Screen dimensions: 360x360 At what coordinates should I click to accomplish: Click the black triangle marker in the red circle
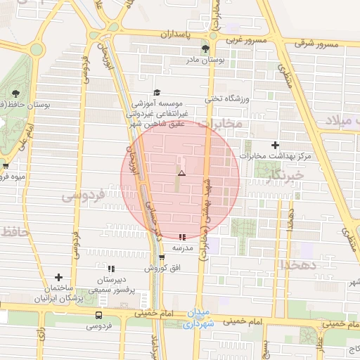tap(181, 172)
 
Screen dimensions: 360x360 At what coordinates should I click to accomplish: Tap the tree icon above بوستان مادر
tap(205, 49)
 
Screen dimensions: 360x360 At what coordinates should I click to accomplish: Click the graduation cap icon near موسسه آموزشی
tap(157, 92)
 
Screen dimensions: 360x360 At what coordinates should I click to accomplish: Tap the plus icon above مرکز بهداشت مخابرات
tap(275, 144)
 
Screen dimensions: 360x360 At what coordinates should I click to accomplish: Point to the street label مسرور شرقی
tap(316, 44)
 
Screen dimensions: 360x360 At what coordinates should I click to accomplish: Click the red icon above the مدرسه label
tap(183, 238)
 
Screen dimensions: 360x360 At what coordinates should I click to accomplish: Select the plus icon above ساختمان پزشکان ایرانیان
tap(58, 277)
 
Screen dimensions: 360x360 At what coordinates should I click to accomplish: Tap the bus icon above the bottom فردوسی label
tap(98, 315)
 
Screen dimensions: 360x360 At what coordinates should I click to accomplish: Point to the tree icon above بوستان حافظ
tap(15, 94)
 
